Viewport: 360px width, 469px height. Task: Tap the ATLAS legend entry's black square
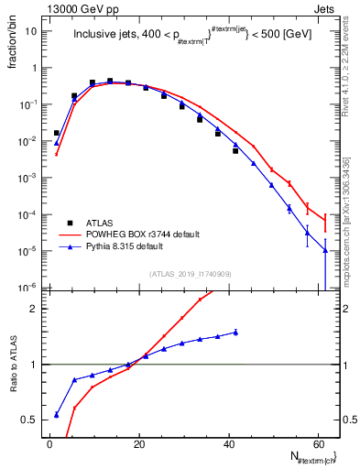(x=70, y=222)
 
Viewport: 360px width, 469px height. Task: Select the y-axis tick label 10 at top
(x=30, y=31)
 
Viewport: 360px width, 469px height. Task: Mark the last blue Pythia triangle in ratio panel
(x=235, y=333)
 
